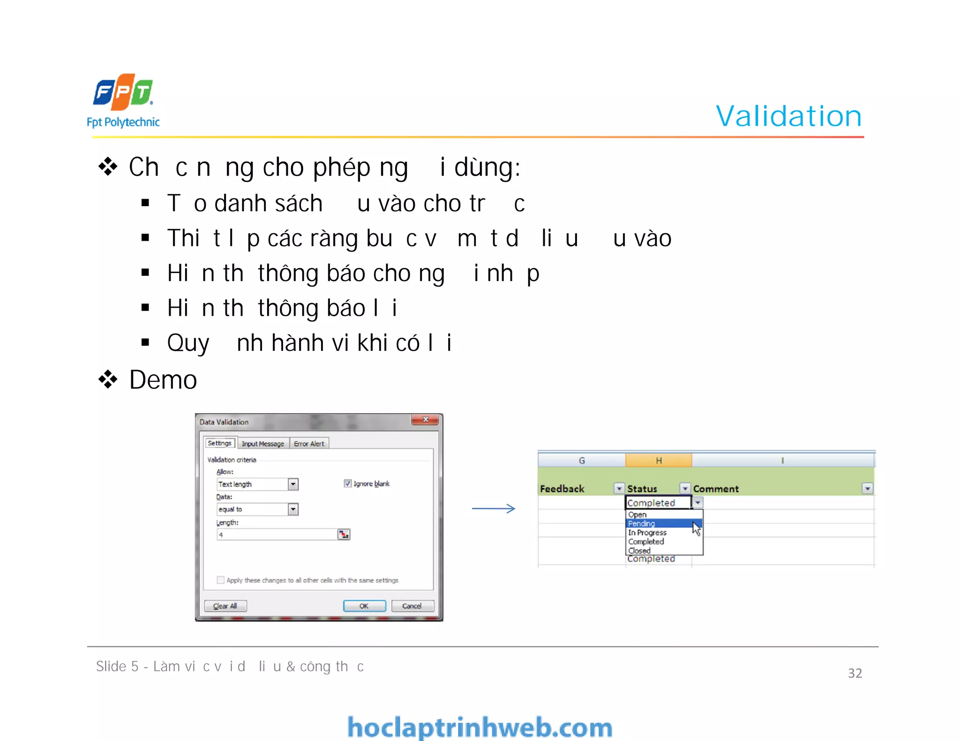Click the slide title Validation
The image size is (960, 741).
tap(788, 116)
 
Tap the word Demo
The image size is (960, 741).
tap(163, 380)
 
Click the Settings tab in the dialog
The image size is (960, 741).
tap(219, 443)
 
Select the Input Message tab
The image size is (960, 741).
tap(262, 444)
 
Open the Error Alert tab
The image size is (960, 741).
tap(309, 444)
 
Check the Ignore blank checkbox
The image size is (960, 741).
tap(347, 483)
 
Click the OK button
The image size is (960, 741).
tap(364, 606)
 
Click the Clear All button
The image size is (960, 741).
tap(225, 606)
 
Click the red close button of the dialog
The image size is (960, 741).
tap(425, 420)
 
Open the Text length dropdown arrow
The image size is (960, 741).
tap(293, 484)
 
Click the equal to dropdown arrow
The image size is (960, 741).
tap(293, 509)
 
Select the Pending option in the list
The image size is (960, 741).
tap(641, 524)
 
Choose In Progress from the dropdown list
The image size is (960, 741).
tap(647, 533)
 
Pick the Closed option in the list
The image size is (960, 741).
tap(639, 550)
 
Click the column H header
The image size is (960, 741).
tap(659, 460)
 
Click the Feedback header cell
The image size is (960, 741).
tap(562, 489)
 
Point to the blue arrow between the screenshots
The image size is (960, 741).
tap(494, 509)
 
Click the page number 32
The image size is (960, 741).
tap(855, 673)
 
